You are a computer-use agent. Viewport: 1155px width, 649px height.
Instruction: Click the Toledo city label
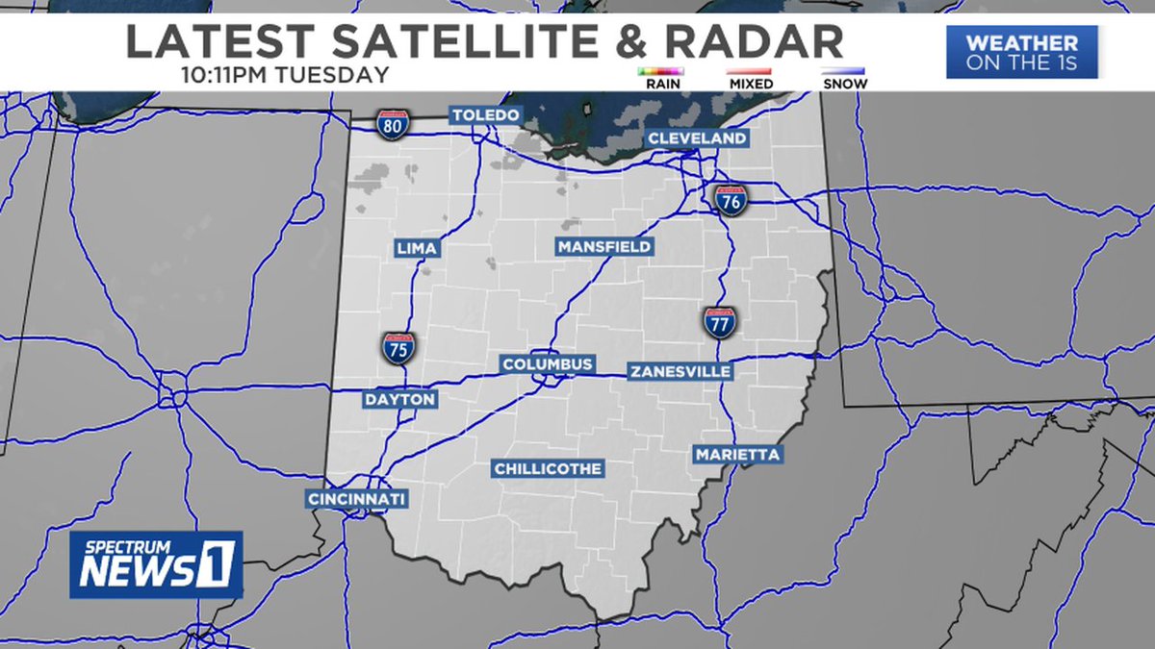coord(486,115)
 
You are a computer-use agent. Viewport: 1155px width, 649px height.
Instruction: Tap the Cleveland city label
coord(697,138)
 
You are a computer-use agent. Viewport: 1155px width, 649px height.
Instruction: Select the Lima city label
coord(417,249)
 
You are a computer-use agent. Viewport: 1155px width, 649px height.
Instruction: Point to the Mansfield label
coord(604,247)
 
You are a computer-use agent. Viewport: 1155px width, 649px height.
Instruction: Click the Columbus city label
coord(548,364)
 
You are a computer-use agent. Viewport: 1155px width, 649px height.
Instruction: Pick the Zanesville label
coord(680,371)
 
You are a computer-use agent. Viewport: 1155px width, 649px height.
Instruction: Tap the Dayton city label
coord(399,399)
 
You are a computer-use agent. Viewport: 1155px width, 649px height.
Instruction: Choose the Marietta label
coord(737,454)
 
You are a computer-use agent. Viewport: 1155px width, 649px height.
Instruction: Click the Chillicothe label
coord(548,468)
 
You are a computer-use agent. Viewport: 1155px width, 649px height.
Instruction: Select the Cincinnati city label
coord(357,499)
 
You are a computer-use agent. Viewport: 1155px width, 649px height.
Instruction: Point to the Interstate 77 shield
coord(719,322)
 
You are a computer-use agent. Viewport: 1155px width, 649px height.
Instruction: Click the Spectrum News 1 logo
coord(156,564)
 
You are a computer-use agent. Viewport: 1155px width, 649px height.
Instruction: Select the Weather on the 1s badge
coord(1021,52)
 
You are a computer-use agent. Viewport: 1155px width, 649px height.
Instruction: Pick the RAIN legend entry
coord(660,78)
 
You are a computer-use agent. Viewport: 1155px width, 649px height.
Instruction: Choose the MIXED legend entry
coord(751,78)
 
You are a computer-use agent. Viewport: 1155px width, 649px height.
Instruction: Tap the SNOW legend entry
coord(844,78)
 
